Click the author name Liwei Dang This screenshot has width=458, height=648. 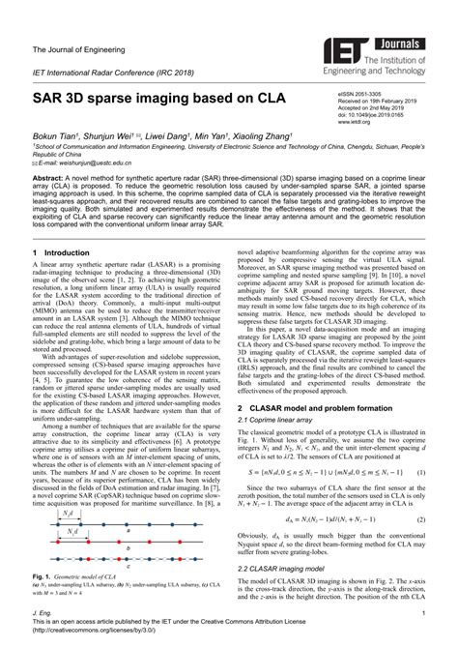[171, 134]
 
